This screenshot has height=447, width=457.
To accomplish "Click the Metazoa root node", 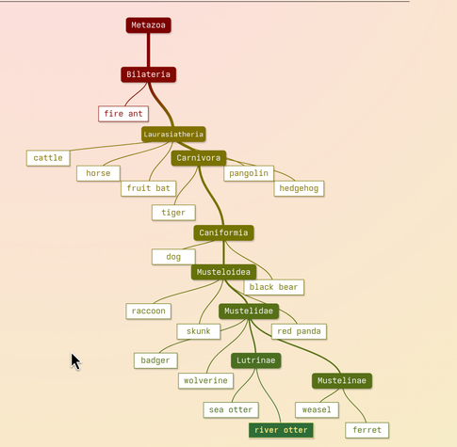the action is (148, 25).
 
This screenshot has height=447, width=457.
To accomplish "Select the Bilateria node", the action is (148, 74).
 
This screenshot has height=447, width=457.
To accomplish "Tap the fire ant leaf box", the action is (123, 114).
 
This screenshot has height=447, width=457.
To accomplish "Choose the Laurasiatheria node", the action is (173, 135).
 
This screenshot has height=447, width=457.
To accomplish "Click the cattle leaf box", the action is (48, 158).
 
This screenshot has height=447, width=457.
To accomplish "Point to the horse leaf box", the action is (98, 173).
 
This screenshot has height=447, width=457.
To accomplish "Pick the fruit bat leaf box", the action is (148, 188).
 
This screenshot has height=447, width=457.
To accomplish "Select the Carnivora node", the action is (199, 158).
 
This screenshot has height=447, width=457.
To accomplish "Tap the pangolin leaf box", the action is (249, 173).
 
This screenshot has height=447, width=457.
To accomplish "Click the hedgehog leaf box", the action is (299, 188).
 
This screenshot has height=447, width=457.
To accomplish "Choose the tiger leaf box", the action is (173, 213).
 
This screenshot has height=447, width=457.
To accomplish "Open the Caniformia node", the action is (223, 232).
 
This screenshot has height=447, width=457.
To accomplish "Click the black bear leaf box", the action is (273, 287).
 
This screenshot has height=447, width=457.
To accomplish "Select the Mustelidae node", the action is (249, 311).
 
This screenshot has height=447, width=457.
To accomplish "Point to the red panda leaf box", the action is (299, 331).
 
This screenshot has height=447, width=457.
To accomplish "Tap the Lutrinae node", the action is (256, 360).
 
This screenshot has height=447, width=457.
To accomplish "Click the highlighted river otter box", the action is (281, 430).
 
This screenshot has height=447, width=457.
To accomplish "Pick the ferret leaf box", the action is (367, 430).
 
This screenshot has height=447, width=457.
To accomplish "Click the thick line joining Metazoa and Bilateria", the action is (148, 50).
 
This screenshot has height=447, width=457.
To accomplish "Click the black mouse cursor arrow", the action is (75, 361).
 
